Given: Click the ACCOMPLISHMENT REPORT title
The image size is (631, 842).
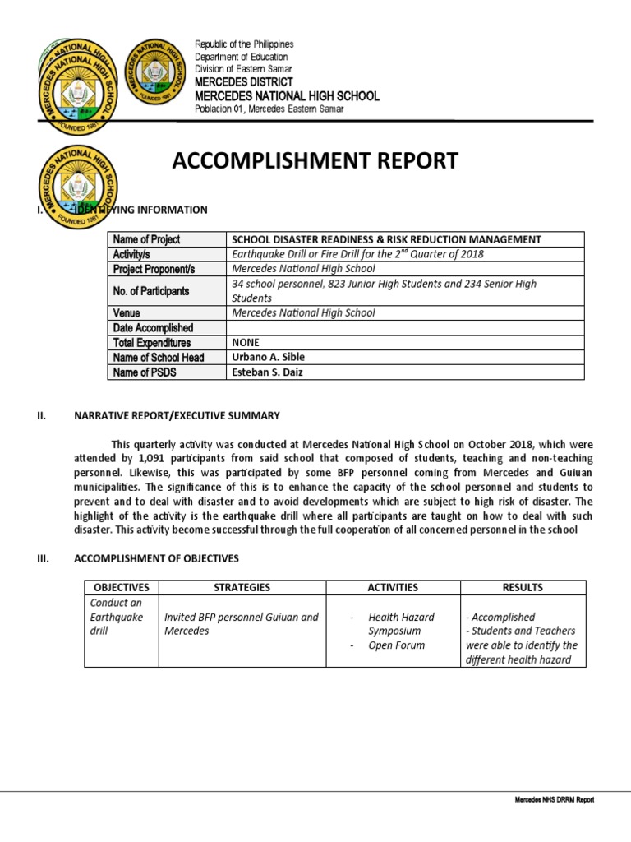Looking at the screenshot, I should (315, 161).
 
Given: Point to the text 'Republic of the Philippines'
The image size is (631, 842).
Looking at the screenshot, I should (244, 44).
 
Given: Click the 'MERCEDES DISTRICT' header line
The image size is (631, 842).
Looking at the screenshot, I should (244, 83).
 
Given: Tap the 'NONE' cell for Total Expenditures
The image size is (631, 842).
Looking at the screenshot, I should (246, 343).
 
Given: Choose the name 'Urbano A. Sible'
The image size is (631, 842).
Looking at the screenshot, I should (268, 358).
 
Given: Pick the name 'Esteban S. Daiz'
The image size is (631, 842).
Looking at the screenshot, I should (268, 372).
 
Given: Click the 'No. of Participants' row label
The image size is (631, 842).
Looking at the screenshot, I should (152, 291).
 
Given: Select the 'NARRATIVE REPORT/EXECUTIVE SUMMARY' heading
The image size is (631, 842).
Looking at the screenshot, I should (177, 416).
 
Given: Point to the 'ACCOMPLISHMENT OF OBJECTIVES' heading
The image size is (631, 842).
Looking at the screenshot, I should (156, 559).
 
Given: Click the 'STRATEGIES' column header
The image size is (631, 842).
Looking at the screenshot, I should (242, 588).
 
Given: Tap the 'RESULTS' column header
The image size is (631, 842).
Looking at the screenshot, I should (523, 588).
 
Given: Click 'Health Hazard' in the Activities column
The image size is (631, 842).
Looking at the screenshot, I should (402, 617).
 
